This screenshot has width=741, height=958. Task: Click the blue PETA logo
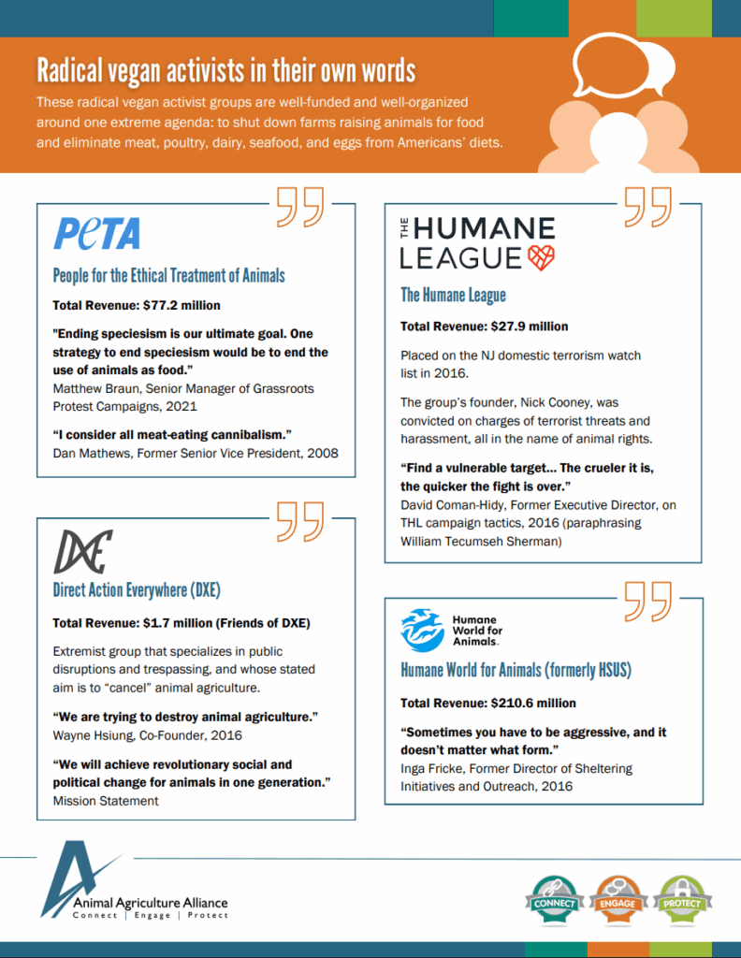pyautogui.click(x=96, y=233)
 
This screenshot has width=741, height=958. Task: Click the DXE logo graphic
pyautogui.click(x=82, y=550)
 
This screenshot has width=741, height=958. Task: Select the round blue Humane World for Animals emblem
pyautogui.click(x=422, y=630)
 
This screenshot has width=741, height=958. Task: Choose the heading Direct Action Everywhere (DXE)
pyautogui.click(x=137, y=590)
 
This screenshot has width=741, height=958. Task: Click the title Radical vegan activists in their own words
pyautogui.click(x=225, y=71)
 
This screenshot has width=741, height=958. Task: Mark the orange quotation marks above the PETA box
pyautogui.click(x=300, y=207)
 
